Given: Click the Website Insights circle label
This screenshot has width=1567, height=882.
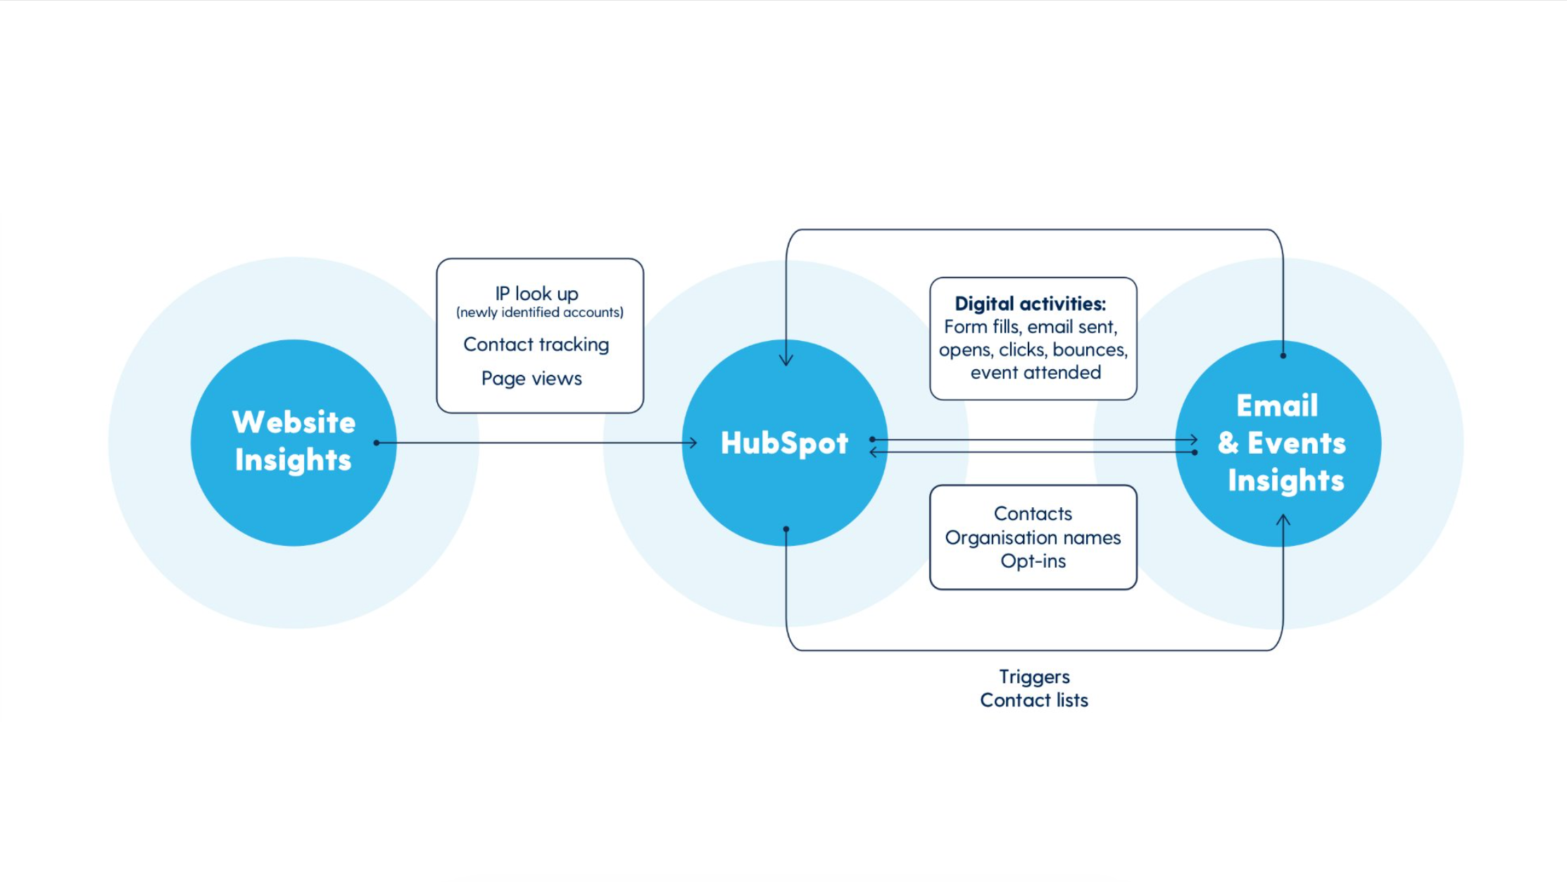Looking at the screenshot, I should (294, 441).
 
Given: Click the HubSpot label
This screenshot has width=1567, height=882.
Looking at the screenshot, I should (784, 443).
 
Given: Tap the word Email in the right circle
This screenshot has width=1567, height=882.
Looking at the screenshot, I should (1277, 406).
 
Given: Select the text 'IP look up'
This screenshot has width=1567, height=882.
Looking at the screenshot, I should (536, 294).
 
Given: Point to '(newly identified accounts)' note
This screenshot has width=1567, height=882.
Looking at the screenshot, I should (540, 312).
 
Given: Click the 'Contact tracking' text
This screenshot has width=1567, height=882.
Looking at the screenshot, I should (536, 344).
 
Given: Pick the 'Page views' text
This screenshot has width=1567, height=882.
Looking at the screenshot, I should (531, 378).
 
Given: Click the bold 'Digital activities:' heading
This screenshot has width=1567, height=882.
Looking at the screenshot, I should (1030, 304).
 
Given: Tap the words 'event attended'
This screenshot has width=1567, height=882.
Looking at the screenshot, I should (1036, 373).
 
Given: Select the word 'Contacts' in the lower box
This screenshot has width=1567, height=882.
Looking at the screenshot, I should (1033, 514).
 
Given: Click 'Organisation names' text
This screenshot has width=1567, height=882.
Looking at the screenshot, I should (1033, 538).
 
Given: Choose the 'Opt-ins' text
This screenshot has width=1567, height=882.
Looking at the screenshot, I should (1033, 561).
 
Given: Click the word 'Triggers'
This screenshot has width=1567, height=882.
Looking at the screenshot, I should (1034, 677).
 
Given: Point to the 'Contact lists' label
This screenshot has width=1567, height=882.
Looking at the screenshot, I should (1034, 700).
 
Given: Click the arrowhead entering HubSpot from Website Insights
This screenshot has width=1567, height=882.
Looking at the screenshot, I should (693, 443).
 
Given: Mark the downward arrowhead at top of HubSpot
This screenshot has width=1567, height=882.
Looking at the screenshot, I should (786, 360).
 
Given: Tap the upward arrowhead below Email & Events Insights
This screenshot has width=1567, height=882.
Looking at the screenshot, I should (1283, 520).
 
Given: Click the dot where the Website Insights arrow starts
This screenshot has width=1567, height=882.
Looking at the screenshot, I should (377, 443).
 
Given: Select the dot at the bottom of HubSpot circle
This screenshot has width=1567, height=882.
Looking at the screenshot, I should (786, 529).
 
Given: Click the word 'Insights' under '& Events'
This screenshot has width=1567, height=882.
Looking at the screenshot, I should (1286, 480).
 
